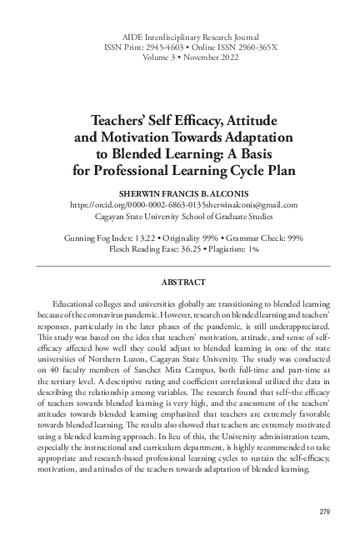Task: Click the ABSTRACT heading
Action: pos(180,271)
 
